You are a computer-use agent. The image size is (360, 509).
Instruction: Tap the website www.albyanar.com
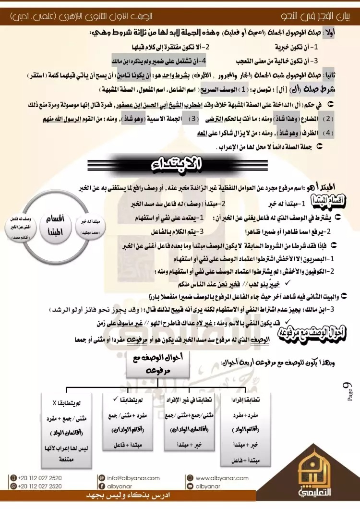[x=222, y=478]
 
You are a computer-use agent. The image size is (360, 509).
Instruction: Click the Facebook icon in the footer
[x=101, y=486]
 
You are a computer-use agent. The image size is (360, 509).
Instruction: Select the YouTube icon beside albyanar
[x=190, y=486]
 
